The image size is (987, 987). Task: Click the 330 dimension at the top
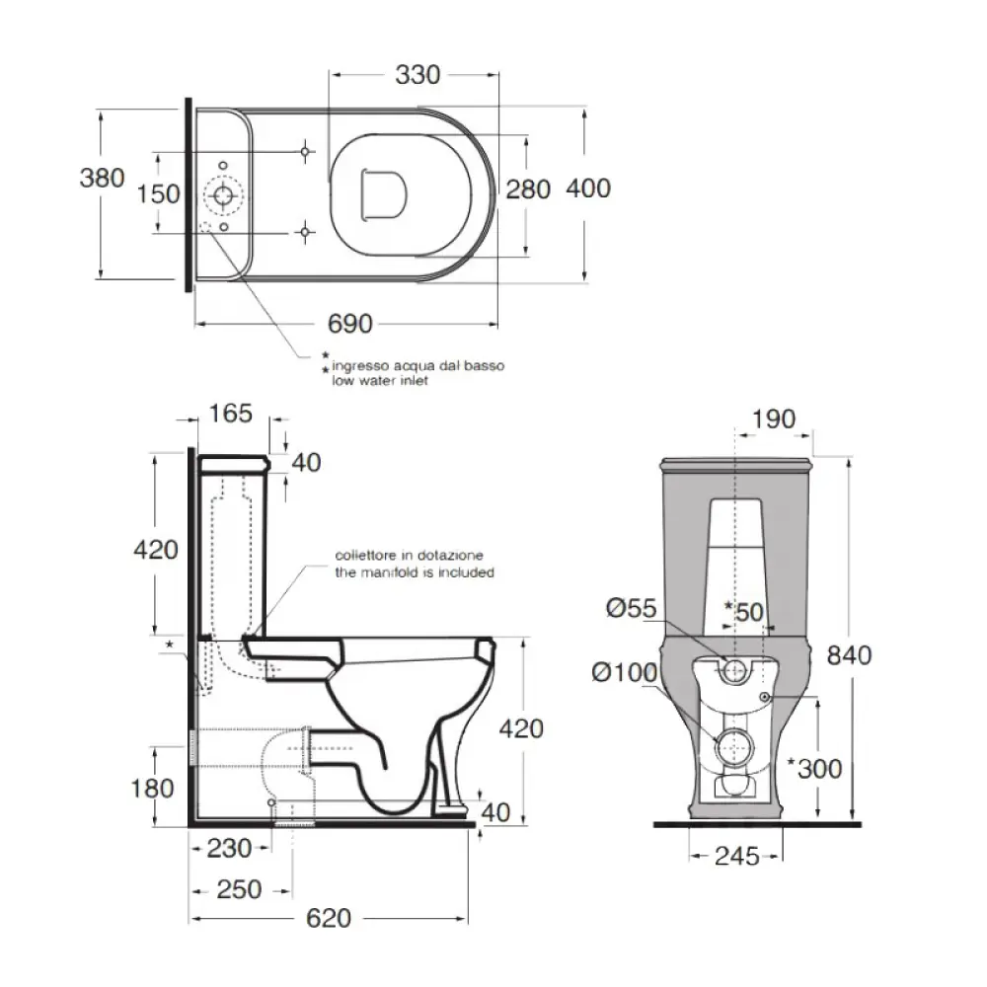click(418, 74)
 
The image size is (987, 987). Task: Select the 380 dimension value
click(102, 179)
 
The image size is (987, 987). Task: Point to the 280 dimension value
click(528, 189)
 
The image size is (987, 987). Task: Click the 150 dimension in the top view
click(158, 193)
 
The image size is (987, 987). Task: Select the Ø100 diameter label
click(624, 672)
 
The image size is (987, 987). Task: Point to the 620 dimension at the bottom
click(329, 918)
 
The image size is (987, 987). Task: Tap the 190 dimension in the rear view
click(773, 418)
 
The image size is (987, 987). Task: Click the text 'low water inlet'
click(374, 381)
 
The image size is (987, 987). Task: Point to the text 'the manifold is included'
click(414, 572)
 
